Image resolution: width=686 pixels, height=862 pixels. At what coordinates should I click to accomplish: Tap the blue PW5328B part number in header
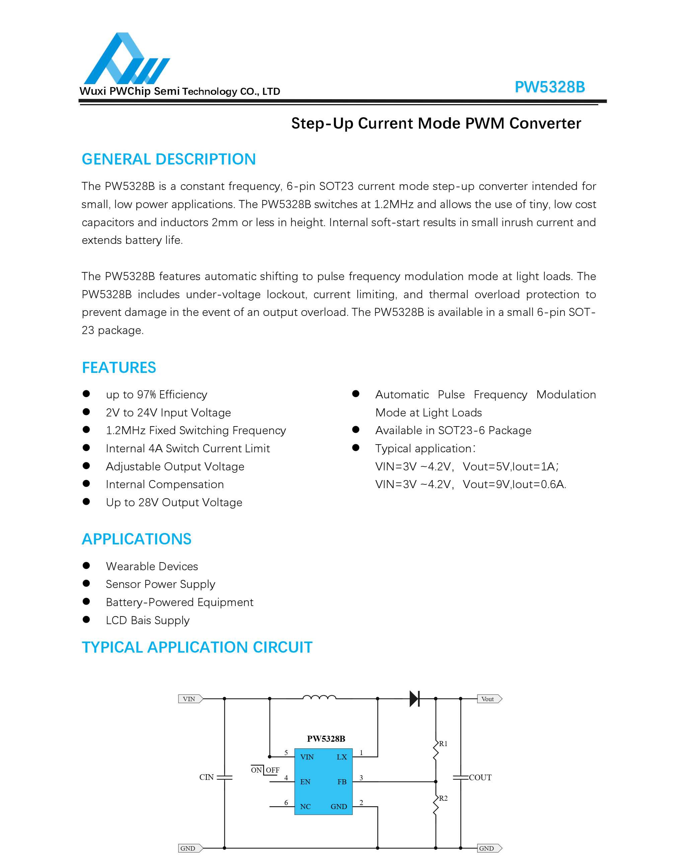(549, 87)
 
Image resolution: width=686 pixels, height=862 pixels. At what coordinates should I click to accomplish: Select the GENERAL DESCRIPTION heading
(169, 159)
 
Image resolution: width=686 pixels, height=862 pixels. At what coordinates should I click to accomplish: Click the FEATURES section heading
(119, 368)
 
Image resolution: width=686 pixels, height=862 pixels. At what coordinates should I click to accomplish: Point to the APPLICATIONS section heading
(136, 539)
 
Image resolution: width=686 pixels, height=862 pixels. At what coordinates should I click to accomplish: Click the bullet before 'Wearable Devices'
(86, 565)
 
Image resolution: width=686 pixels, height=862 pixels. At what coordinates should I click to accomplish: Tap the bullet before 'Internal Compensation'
(86, 483)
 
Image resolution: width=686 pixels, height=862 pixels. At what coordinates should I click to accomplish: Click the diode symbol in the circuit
(415, 699)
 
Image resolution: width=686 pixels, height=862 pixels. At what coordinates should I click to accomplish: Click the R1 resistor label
(443, 744)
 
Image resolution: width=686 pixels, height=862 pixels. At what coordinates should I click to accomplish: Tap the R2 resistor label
(443, 798)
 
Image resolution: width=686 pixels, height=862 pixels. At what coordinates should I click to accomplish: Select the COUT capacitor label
(480, 777)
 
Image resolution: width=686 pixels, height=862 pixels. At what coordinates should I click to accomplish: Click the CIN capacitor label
(207, 777)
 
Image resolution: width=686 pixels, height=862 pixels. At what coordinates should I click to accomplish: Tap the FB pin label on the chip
(341, 782)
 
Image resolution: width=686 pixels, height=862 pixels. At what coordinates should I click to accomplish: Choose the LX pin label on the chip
(341, 757)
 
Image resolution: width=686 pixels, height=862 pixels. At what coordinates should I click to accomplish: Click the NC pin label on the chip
(305, 806)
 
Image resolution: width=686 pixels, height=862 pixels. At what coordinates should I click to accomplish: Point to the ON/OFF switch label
(265, 770)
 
